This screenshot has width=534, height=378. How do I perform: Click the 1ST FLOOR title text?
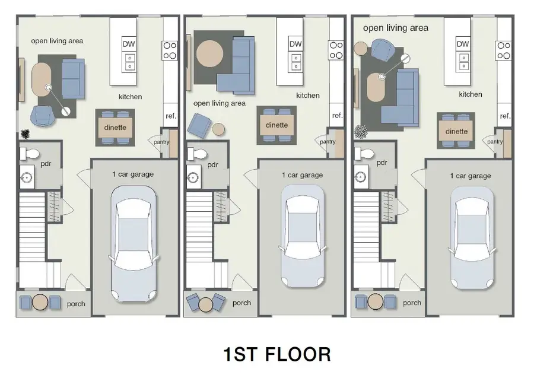click(x=276, y=354)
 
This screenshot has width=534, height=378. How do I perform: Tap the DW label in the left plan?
click(x=128, y=44)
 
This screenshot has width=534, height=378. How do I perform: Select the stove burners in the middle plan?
click(x=336, y=50)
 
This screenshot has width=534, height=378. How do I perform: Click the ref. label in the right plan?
click(x=505, y=116)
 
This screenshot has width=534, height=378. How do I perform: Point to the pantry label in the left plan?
click(x=161, y=142)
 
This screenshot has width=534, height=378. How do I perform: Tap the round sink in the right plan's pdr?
click(x=360, y=177)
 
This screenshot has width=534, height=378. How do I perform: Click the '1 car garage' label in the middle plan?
click(x=302, y=175)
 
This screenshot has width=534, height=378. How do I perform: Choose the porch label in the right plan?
click(x=412, y=303)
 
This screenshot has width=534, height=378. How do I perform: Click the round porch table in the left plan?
click(x=40, y=302)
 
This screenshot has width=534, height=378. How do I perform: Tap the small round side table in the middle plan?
click(x=218, y=129)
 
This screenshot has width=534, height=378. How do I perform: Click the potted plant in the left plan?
click(x=26, y=134)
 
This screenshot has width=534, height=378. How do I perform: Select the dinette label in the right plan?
click(x=456, y=132)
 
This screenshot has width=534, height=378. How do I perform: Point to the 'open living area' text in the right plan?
click(x=395, y=28)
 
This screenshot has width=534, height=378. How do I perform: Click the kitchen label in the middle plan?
click(x=308, y=96)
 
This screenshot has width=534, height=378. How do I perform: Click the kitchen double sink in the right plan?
click(x=463, y=59)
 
